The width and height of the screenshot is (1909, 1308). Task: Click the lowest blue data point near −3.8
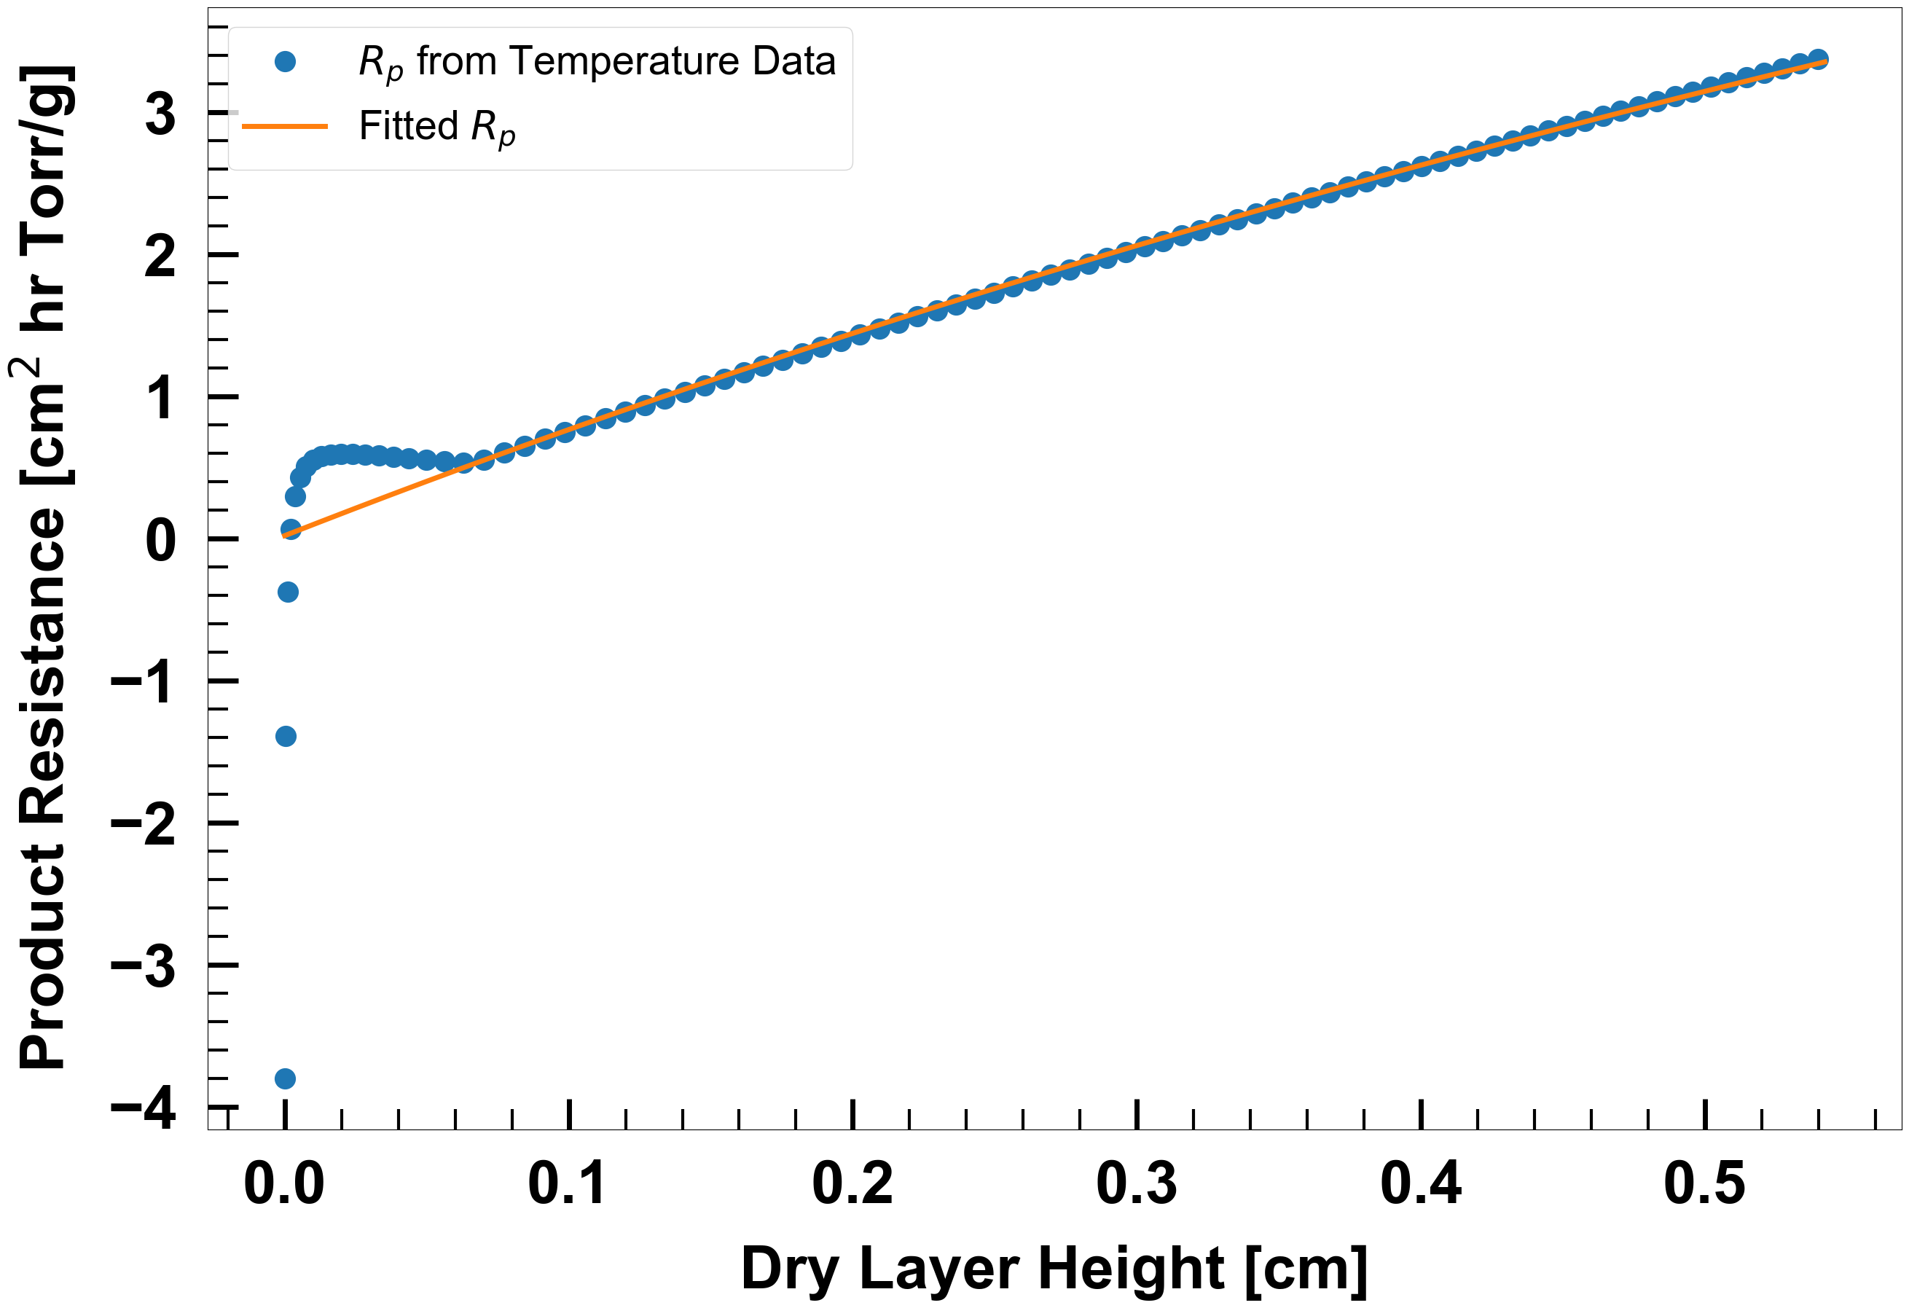285,1078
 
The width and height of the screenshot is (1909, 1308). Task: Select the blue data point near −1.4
286,736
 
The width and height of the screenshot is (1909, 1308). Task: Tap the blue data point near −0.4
288,592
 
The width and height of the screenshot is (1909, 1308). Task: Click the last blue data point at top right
1819,59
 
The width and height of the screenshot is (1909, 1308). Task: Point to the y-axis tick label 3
160,114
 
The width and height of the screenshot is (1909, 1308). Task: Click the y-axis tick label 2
160,256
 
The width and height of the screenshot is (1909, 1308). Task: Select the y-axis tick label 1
160,398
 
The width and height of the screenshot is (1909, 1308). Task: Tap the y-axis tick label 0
160,540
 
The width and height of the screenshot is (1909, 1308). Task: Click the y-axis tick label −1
143,682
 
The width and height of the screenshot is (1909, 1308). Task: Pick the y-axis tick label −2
143,824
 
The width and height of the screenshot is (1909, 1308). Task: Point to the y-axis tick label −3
143,966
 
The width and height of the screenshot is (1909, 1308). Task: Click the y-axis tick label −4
143,1108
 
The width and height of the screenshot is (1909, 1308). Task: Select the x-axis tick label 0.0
284,1184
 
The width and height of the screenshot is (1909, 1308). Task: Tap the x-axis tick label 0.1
568,1184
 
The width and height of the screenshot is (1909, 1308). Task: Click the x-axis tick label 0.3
1136,1184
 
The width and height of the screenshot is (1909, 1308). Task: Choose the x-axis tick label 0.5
1704,1184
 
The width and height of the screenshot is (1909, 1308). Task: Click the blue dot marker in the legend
285,62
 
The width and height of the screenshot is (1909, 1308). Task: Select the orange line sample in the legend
285,127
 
